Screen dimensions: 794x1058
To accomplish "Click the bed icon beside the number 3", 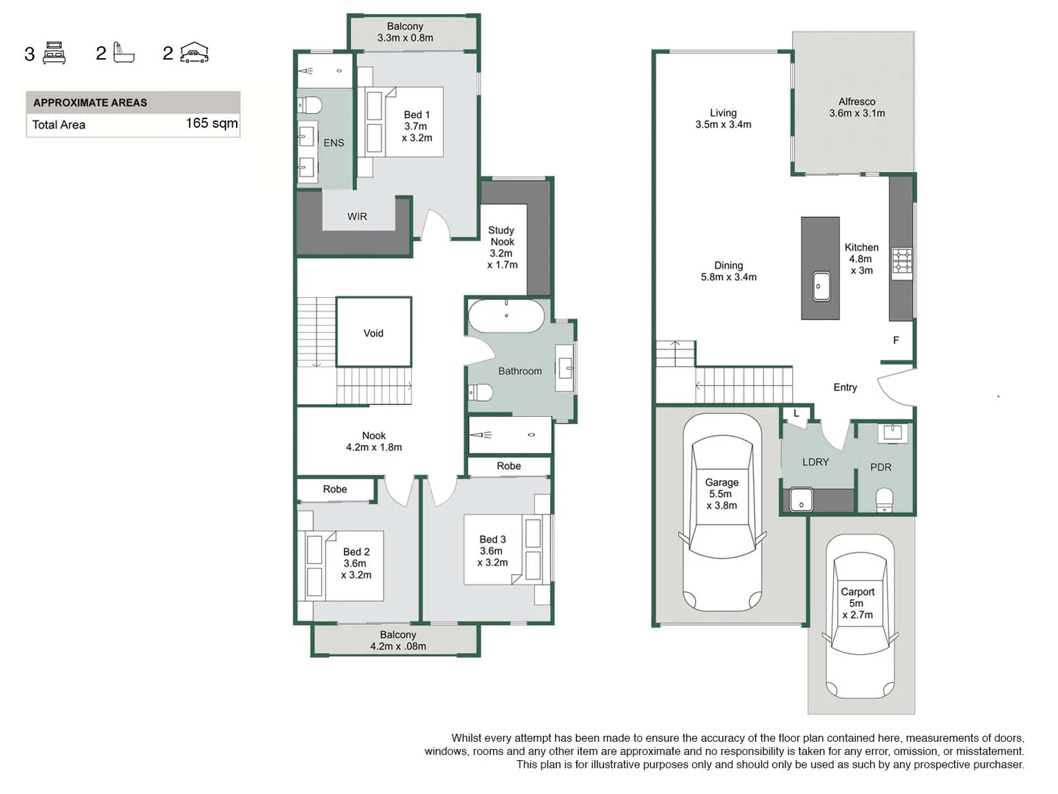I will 54,53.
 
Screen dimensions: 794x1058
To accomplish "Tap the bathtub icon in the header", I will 123,53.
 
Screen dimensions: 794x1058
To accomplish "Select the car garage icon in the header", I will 195,53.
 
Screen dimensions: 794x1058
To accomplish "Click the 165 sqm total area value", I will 212,124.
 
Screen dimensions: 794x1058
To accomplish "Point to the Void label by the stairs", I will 373,333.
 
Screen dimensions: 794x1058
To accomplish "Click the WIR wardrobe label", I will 357,217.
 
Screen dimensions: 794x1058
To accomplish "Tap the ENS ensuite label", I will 334,143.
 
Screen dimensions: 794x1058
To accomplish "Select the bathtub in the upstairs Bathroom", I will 506,315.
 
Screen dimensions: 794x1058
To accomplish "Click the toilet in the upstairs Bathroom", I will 481,392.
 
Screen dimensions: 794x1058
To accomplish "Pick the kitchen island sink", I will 821,286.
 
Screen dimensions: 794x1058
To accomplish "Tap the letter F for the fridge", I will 896,340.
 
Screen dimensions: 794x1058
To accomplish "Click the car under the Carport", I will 860,618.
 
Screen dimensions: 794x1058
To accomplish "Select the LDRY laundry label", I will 816,462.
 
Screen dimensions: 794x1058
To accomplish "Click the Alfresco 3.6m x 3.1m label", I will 857,107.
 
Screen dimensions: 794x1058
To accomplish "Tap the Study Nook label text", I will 503,236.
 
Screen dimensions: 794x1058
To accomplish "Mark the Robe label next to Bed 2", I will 335,489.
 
